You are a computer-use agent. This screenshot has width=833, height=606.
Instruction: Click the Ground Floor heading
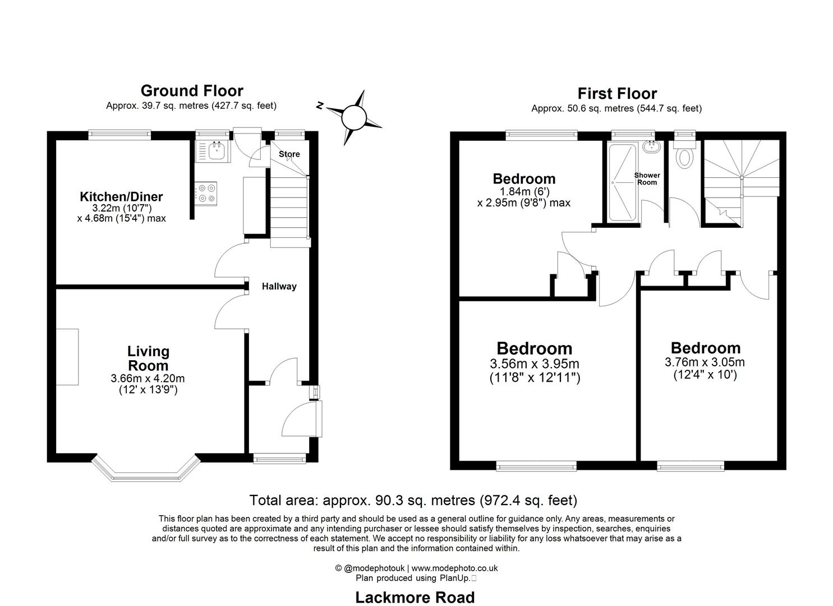(x=191, y=91)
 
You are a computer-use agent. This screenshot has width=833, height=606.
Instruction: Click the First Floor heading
(x=616, y=94)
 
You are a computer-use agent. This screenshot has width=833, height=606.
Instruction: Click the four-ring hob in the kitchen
(x=206, y=194)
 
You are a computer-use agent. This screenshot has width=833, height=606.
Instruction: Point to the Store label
(x=289, y=154)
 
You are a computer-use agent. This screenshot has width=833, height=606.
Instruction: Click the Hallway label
(x=279, y=286)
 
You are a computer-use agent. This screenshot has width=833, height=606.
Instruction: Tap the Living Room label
(x=148, y=359)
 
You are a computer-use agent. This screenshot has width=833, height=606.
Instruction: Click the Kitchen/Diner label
(x=121, y=196)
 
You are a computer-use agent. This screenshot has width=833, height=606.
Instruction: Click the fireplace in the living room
(x=67, y=357)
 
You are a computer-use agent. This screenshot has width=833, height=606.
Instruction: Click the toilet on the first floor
(x=684, y=158)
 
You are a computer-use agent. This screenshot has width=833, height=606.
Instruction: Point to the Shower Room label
(x=647, y=178)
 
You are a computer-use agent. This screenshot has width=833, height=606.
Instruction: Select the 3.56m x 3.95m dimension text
(x=534, y=364)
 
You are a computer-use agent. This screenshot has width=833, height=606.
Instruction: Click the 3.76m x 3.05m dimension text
(x=705, y=362)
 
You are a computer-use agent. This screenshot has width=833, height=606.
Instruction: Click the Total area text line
(x=413, y=500)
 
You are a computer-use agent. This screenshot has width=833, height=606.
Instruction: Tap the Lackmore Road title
(x=415, y=598)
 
